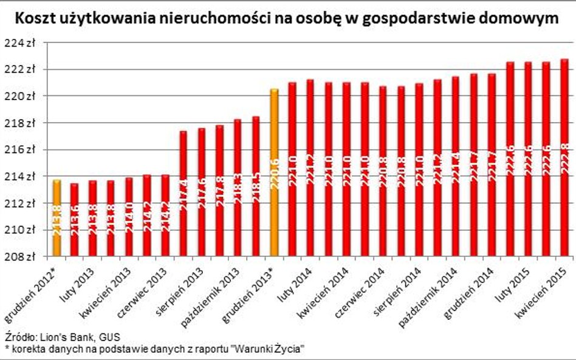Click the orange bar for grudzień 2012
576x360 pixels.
click(57, 219)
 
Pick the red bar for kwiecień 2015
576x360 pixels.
click(564, 158)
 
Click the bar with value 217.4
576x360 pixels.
click(183, 194)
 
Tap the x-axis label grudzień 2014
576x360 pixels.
click(468, 291)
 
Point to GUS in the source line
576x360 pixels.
click(110, 336)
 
